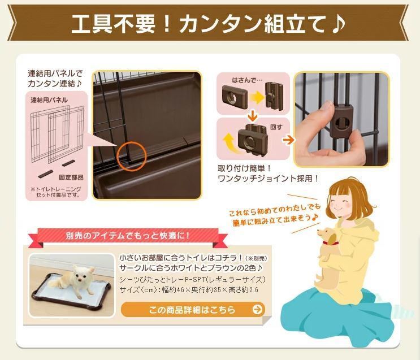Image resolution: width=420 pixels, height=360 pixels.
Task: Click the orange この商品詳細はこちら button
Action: click(192, 310)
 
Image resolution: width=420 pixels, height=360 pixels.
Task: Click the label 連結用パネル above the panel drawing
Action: click(49, 99)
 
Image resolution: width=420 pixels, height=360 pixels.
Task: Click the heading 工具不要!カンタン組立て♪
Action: click(209, 24)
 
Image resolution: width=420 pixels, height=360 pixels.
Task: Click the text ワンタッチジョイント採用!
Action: click(269, 179)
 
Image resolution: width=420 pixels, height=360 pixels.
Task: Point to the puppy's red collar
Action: click(335, 243)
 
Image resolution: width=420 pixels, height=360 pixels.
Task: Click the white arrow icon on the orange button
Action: click(257, 310)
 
